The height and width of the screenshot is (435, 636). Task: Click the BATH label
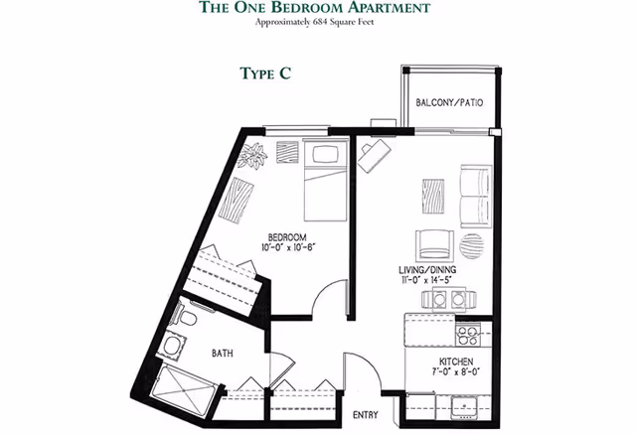click(x=224, y=352)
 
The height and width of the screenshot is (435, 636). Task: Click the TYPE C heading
click(x=263, y=72)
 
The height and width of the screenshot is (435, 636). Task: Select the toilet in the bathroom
click(x=189, y=317)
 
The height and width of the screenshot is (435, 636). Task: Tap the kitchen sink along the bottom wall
click(x=463, y=405)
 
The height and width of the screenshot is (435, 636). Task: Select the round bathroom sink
click(x=173, y=347)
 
